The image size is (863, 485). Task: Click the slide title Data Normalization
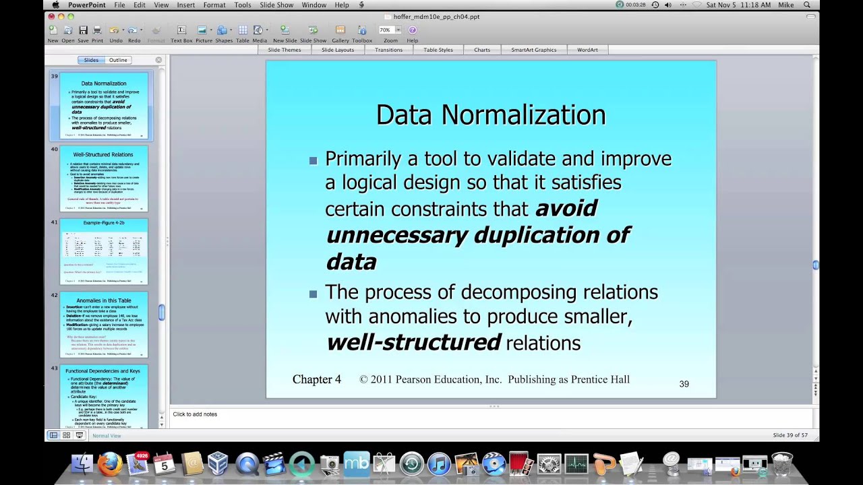(x=490, y=115)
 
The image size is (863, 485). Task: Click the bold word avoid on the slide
(x=566, y=209)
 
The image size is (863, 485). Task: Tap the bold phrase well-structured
(x=413, y=342)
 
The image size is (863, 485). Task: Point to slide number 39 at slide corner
(x=684, y=384)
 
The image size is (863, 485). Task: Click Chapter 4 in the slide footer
(x=317, y=380)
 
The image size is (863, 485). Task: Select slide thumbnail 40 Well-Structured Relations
(x=103, y=179)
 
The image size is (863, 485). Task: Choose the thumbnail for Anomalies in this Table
(x=103, y=325)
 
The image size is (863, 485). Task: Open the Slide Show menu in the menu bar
(x=276, y=5)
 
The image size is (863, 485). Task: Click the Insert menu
(x=185, y=5)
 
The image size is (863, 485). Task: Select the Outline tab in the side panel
(x=118, y=60)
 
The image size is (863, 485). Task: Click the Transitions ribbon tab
(x=388, y=50)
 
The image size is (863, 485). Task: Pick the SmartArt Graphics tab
(x=533, y=50)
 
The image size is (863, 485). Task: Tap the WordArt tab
(x=587, y=50)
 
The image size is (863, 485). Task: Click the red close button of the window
(x=52, y=16)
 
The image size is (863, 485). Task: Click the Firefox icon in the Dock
(x=110, y=464)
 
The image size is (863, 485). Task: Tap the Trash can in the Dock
(x=782, y=464)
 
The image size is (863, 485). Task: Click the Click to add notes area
(x=195, y=414)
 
